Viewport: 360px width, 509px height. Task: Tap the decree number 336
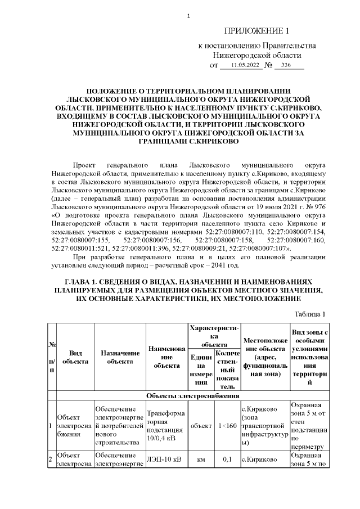tap(286, 66)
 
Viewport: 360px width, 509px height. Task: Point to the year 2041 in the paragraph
tap(214, 265)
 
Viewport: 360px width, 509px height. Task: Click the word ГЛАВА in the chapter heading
tap(79, 281)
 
